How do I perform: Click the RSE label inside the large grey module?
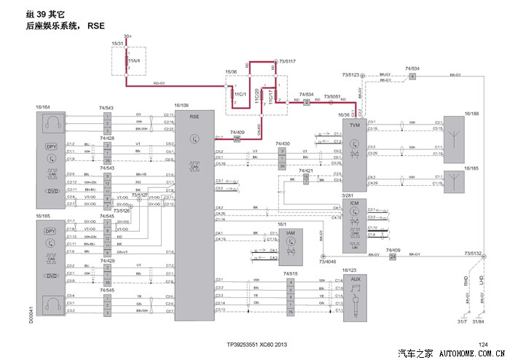point(194,116)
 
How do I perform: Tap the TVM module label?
point(355,125)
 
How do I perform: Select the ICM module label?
point(355,203)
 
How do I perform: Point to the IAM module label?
point(290,232)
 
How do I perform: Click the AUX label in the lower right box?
point(355,279)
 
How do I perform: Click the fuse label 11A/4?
point(134,60)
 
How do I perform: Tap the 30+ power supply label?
point(127,36)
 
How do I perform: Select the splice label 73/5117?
point(286,61)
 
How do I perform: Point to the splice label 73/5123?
point(350,74)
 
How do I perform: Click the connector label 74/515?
point(290,273)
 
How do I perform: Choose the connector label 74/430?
point(283,144)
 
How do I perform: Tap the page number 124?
point(482,343)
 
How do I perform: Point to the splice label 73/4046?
point(329,260)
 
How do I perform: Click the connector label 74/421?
point(312,171)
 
